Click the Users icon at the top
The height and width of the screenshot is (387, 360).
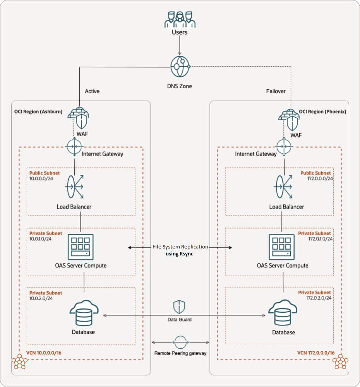(180, 19)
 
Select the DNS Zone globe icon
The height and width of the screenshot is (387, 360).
(180, 67)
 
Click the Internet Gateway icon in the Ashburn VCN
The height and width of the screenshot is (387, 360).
(74, 147)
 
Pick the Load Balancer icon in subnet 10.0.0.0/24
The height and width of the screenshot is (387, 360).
(74, 187)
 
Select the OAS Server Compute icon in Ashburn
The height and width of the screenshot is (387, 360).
(81, 247)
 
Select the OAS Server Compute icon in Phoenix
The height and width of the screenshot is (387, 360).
(282, 247)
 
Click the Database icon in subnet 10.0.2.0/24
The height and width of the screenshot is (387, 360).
(83, 313)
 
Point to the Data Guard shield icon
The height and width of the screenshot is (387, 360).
(179, 307)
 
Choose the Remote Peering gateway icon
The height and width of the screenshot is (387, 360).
(180, 342)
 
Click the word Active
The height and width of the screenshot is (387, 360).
(92, 91)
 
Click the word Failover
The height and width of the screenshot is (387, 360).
(276, 91)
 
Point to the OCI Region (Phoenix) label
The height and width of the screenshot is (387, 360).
(322, 111)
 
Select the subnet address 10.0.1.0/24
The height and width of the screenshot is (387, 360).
(41, 239)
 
